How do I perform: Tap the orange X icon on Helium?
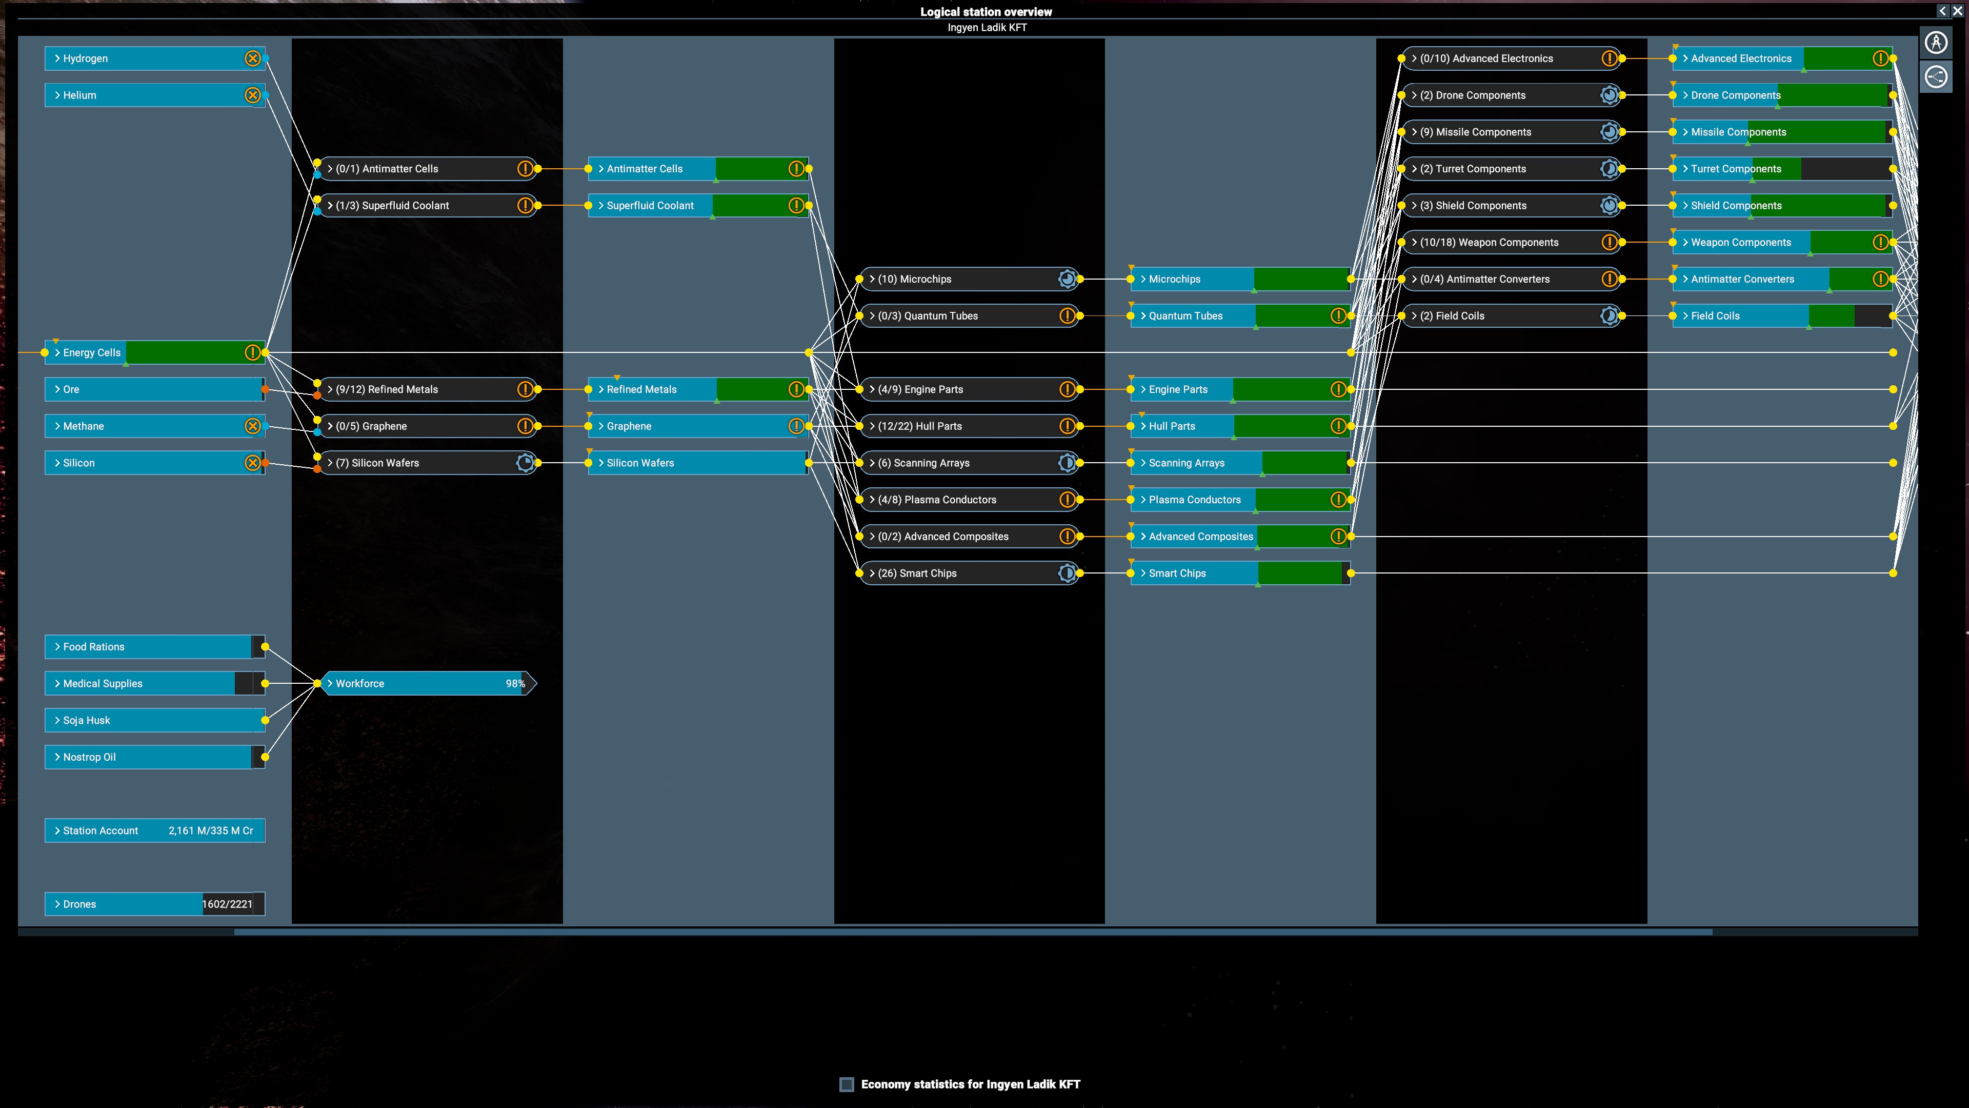[252, 95]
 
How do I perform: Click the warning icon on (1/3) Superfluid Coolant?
[525, 205]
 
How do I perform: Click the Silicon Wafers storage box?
[698, 463]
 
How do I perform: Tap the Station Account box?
[154, 830]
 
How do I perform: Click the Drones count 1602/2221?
[227, 904]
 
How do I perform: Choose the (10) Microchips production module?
[969, 279]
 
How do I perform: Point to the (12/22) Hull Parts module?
[969, 426]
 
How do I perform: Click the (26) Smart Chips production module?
[969, 573]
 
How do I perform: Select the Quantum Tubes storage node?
[1240, 316]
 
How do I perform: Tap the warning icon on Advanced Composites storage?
[1338, 536]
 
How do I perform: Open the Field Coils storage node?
[1782, 316]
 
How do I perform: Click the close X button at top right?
[1957, 11]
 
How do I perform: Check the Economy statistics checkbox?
[846, 1084]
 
